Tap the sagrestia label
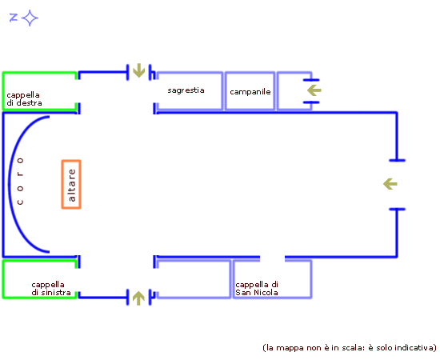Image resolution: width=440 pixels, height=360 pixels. click(186, 90)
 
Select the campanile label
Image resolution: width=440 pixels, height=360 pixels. click(250, 92)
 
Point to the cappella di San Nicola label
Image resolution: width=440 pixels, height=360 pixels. click(257, 289)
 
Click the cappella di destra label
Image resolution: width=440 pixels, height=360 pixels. click(24, 98)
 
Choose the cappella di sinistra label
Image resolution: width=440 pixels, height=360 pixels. click(50, 289)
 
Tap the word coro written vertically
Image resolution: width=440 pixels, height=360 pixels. click(20, 181)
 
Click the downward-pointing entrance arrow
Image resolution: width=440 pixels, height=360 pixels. click(138, 70)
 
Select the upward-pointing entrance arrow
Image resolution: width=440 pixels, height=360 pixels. click(138, 298)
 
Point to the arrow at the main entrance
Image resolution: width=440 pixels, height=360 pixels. click(390, 184)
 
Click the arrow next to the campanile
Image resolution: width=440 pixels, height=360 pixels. click(314, 90)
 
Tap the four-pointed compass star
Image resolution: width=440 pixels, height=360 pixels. click(30, 18)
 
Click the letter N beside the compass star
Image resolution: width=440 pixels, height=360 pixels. click(14, 18)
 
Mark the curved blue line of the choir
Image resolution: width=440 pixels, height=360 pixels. click(10, 184)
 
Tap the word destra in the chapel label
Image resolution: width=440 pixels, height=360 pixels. click(29, 102)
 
